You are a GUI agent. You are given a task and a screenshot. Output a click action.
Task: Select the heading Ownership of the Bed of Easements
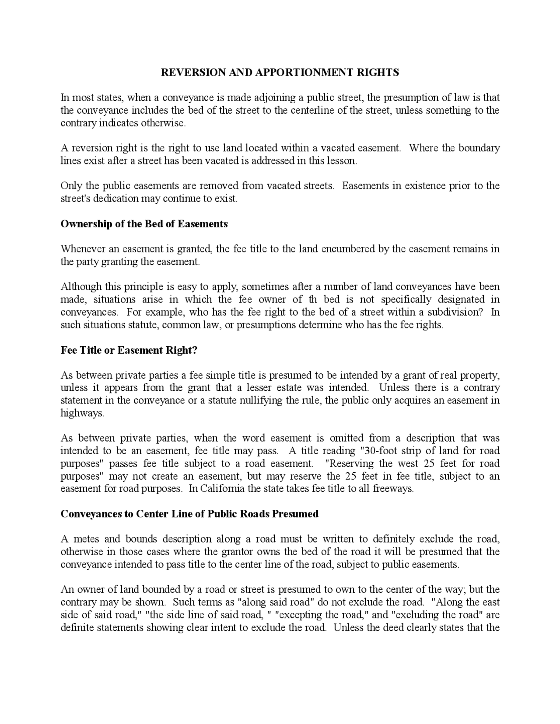[144, 224]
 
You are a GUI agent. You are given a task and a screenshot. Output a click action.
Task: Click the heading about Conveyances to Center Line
[189, 514]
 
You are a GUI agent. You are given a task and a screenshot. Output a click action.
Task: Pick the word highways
[82, 413]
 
